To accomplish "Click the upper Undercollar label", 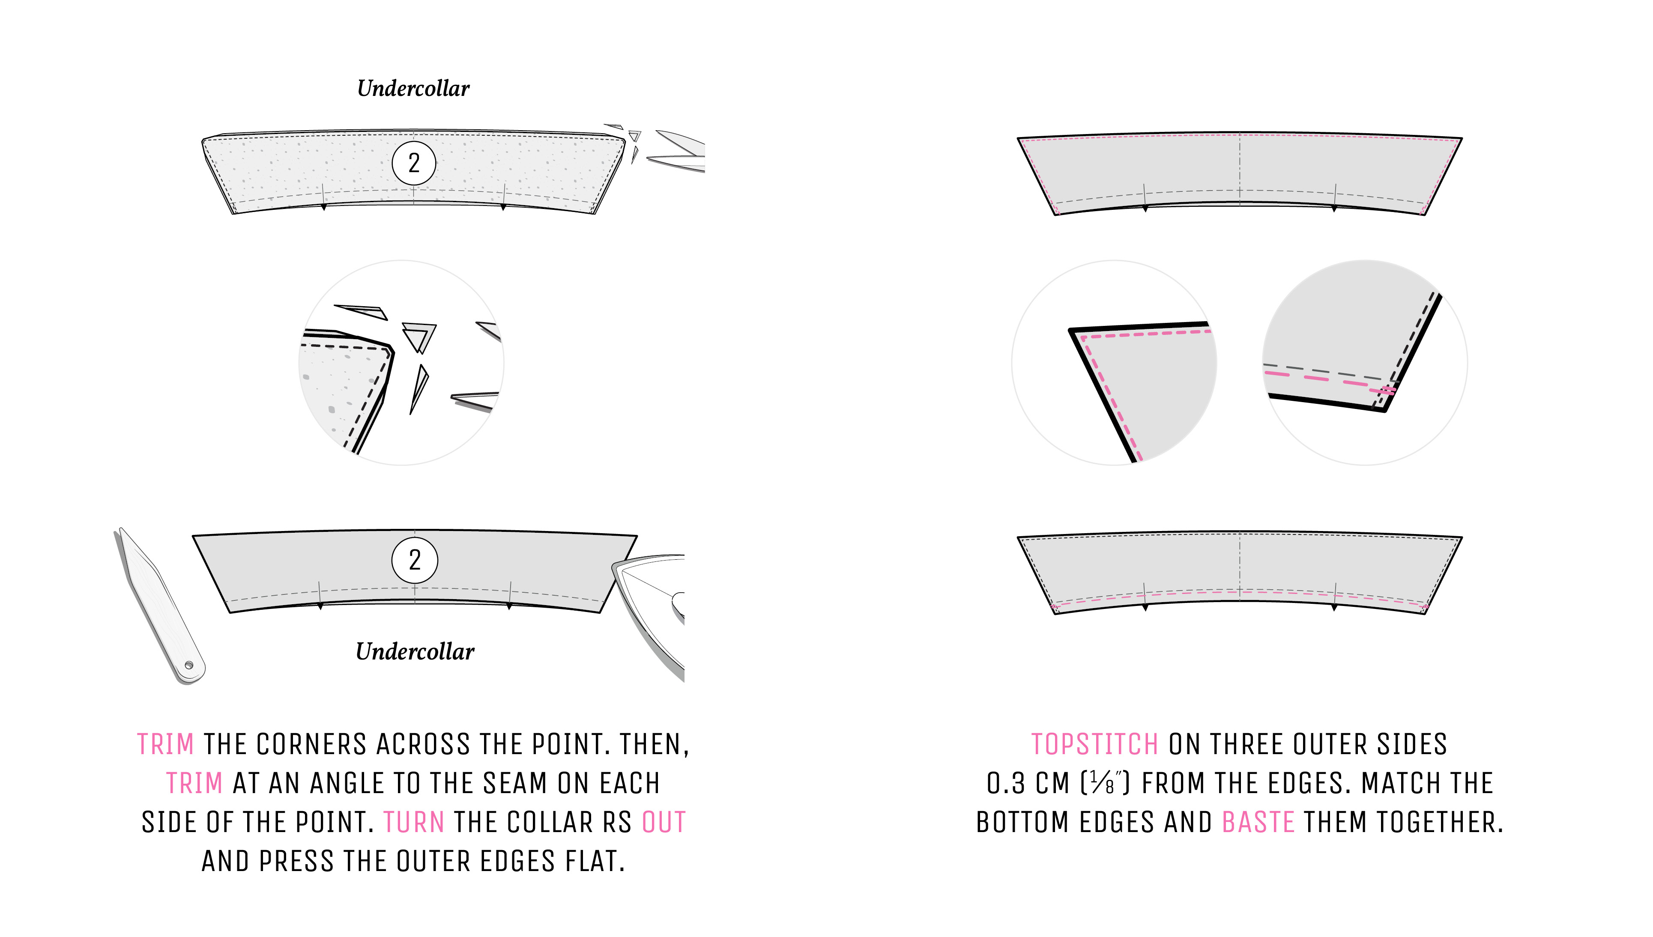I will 413,88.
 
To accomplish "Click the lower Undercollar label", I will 415,651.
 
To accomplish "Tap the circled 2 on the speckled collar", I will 414,163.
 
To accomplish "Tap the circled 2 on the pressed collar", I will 415,560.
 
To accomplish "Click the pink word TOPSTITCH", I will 1094,745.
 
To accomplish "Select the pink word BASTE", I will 1258,823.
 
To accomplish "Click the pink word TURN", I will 414,823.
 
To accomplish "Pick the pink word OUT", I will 664,823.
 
